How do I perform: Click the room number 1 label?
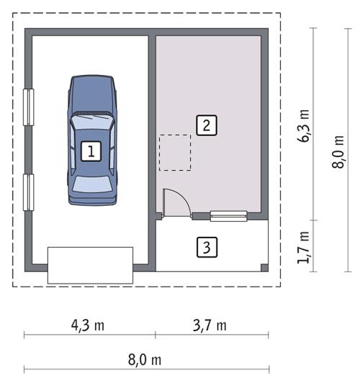[91, 151]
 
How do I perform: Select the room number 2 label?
[206, 125]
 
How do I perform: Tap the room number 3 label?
[206, 248]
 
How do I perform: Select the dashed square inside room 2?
[175, 153]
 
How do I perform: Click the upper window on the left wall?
[28, 107]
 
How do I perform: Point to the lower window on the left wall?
[28, 192]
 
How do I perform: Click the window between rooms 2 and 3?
[228, 215]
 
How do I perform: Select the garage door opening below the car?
[91, 265]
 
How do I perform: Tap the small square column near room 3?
[264, 268]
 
